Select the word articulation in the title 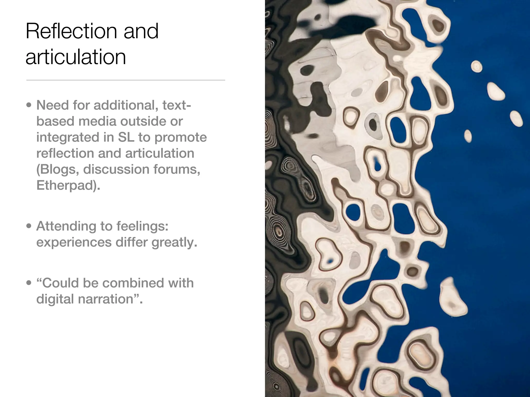coord(76,57)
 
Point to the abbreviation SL coord(126,137)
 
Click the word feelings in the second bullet coord(142,226)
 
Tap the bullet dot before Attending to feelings coord(29,226)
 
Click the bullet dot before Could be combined coord(29,283)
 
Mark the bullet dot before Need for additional coord(29,105)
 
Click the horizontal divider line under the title coord(126,80)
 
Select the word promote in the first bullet coord(181,137)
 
